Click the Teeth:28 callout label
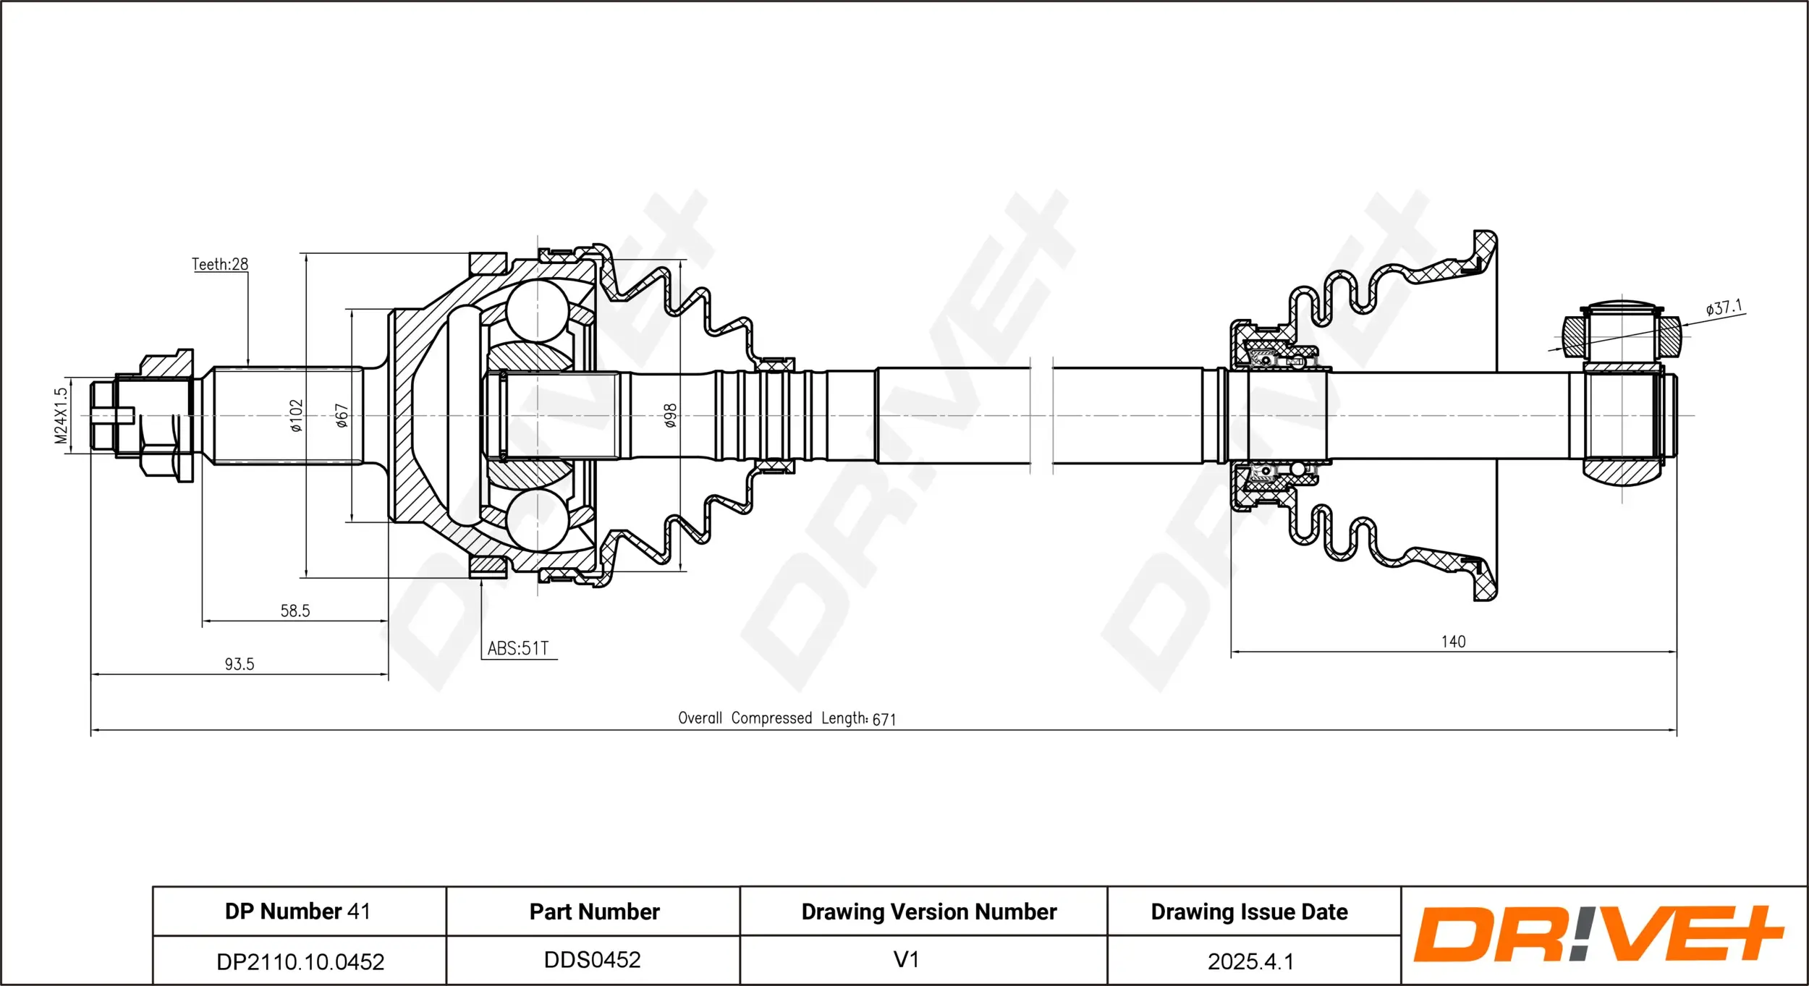click(219, 265)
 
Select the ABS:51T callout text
click(518, 648)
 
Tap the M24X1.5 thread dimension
click(61, 415)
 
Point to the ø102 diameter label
click(296, 416)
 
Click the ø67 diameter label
click(342, 416)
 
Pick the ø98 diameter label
click(670, 416)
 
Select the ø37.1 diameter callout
click(1724, 308)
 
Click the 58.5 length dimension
click(295, 611)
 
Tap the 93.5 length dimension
click(240, 664)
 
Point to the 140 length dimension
click(1453, 642)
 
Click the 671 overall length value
click(884, 719)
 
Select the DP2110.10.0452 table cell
click(300, 961)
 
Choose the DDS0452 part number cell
click(593, 960)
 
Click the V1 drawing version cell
click(906, 960)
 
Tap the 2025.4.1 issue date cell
click(1250, 961)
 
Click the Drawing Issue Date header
click(1250, 911)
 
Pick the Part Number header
click(594, 911)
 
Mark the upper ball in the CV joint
click(537, 311)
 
